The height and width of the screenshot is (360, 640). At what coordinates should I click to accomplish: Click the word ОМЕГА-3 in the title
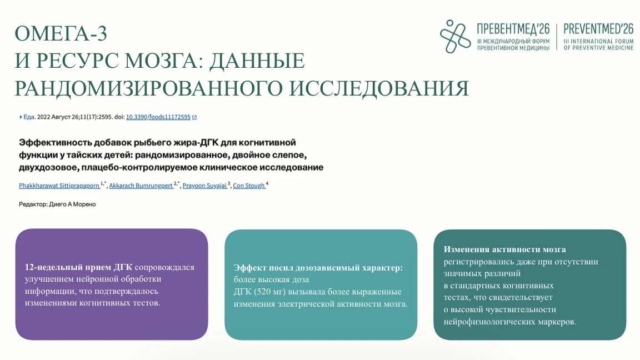(61, 33)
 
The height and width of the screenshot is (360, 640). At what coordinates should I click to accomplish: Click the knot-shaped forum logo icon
(455, 36)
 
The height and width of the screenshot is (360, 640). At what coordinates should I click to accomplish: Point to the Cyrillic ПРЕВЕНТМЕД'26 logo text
(513, 29)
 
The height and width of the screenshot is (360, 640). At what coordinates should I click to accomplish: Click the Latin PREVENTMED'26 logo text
(598, 29)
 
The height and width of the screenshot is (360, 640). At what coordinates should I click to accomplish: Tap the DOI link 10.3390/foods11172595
(158, 117)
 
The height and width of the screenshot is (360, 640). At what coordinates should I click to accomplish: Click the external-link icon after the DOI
(194, 117)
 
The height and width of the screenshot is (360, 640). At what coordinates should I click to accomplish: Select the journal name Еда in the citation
(29, 117)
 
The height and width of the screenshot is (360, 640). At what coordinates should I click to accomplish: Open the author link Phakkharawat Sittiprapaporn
(59, 186)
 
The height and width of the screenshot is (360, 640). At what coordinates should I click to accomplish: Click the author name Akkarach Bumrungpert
(141, 186)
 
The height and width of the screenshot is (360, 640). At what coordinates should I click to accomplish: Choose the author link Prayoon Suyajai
(204, 186)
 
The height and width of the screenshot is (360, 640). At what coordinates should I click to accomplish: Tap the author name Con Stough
(248, 186)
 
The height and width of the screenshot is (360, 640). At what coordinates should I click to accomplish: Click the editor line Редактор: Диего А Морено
(57, 204)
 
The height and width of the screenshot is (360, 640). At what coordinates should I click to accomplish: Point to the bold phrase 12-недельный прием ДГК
(78, 267)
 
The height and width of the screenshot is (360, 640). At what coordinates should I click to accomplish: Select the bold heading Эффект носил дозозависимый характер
(318, 268)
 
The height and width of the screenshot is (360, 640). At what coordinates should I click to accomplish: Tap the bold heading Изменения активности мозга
(505, 249)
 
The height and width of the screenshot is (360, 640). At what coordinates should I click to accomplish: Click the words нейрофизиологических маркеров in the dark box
(510, 322)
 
